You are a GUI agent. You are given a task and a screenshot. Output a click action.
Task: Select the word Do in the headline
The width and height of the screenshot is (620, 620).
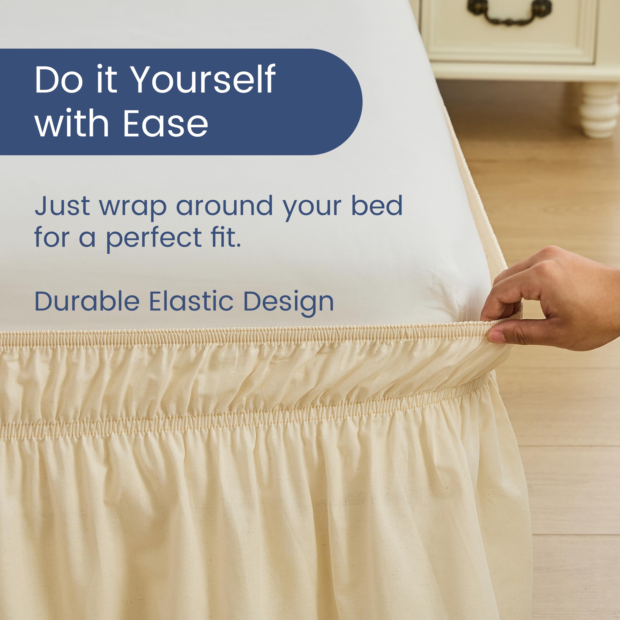click(x=59, y=80)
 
